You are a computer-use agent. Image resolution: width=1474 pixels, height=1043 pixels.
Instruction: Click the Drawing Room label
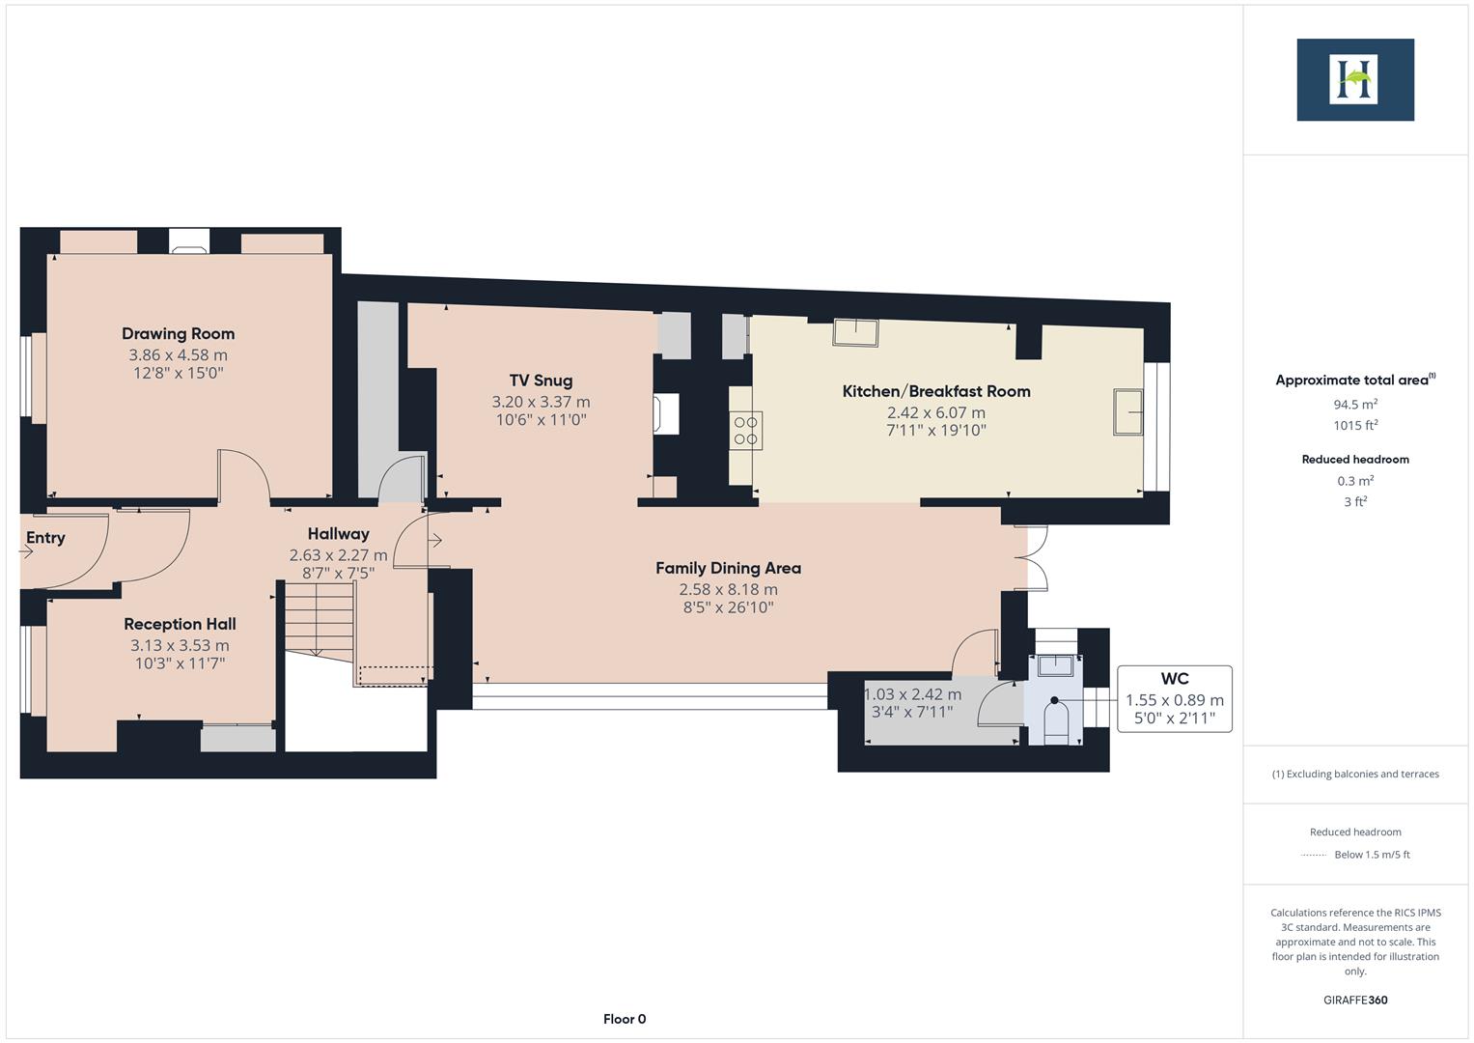178,334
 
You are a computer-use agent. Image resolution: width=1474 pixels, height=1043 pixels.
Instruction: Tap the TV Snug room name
541,381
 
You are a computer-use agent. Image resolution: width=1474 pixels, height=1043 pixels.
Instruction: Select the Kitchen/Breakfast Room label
935,391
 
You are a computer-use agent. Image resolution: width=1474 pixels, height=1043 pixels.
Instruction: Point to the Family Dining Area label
728,568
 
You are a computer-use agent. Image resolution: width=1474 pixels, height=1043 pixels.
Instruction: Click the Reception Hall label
180,625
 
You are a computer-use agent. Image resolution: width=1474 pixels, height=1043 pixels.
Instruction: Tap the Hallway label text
338,534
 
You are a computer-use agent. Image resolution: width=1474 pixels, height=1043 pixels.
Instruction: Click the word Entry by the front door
45,538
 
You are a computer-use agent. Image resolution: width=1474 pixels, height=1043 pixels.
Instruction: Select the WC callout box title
1174,679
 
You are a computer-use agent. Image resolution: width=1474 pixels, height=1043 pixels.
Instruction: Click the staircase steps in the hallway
320,623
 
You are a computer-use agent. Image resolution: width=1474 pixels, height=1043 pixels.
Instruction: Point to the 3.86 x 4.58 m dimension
178,355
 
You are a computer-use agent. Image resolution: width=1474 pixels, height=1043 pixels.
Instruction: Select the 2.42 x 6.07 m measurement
935,412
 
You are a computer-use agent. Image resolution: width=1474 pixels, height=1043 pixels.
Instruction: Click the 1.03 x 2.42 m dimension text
912,694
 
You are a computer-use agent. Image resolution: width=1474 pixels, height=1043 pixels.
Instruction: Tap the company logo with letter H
1354,79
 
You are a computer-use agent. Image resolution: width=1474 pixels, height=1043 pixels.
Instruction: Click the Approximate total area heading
1354,381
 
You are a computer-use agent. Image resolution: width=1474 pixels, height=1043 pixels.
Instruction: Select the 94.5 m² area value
1354,405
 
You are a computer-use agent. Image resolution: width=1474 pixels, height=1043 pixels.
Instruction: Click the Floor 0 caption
624,1019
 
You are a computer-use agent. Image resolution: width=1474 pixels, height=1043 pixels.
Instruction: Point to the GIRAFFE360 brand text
1354,1000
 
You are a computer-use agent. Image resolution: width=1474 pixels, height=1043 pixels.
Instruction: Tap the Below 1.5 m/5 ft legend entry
1371,855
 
